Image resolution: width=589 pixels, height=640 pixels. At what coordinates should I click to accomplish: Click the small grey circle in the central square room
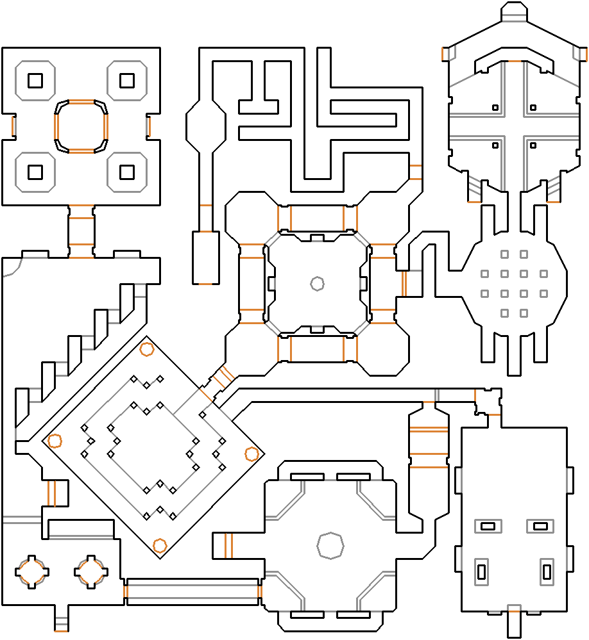(317, 283)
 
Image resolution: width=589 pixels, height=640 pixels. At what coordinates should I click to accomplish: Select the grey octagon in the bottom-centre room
(330, 545)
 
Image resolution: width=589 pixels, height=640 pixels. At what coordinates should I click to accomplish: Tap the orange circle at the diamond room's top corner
(147, 349)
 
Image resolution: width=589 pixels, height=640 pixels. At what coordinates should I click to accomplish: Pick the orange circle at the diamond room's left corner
(55, 441)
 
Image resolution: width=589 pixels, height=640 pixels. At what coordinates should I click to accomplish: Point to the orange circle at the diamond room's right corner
(252, 454)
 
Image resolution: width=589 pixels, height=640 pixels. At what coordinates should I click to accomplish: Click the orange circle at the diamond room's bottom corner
(160, 546)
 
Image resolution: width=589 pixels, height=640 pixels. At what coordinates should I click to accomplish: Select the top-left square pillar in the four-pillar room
(35, 81)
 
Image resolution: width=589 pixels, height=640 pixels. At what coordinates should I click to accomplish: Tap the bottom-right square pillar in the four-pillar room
(126, 172)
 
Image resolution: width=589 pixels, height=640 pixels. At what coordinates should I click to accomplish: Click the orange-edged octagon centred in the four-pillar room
(81, 126)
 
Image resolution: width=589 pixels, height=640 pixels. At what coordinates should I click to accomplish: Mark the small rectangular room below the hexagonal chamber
(205, 257)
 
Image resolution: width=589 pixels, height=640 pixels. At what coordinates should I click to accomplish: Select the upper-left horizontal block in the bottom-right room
(488, 526)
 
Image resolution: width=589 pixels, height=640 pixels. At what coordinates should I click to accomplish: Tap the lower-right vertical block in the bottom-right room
(547, 570)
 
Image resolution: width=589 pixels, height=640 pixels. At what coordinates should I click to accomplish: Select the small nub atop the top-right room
(513, 11)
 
